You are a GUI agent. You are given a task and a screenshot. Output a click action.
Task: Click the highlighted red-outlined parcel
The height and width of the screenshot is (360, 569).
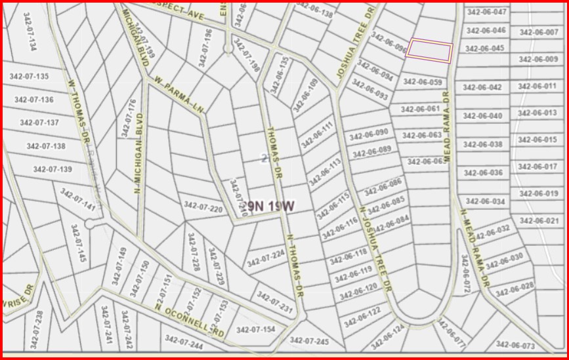(x=429, y=50)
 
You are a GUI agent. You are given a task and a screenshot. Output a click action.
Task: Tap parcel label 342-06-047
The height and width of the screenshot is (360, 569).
(x=486, y=12)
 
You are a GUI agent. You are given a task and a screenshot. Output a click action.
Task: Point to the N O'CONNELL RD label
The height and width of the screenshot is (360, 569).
(x=190, y=317)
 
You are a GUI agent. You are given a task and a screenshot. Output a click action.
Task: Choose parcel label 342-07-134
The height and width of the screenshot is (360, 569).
(x=29, y=31)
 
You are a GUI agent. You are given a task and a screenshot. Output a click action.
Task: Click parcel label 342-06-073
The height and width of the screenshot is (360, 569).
(x=515, y=345)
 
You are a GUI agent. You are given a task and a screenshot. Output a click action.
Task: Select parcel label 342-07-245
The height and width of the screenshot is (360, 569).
(x=308, y=340)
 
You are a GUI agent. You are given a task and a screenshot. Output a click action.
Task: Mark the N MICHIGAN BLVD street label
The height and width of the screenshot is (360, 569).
(x=138, y=153)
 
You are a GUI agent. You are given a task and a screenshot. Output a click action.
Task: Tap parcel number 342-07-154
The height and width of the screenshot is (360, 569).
(x=255, y=329)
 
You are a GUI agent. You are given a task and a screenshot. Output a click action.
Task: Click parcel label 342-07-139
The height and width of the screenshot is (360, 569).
(x=53, y=170)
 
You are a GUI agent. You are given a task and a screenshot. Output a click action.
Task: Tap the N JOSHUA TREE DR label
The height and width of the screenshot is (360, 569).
(x=375, y=249)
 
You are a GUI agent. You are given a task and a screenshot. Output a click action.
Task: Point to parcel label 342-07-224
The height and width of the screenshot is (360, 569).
(x=266, y=258)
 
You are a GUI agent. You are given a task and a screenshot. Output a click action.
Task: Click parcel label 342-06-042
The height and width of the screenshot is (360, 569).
(x=482, y=87)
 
